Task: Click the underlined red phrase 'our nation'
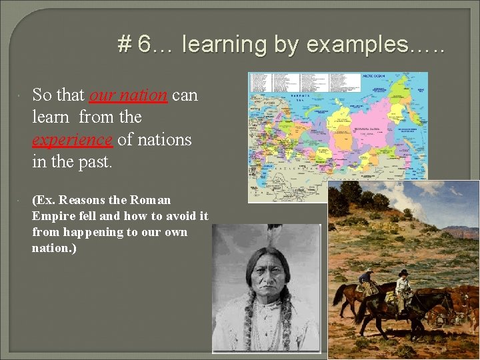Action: pyautogui.click(x=128, y=95)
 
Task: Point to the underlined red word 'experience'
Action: pyautogui.click(x=73, y=140)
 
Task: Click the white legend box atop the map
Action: pyautogui.click(x=303, y=82)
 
